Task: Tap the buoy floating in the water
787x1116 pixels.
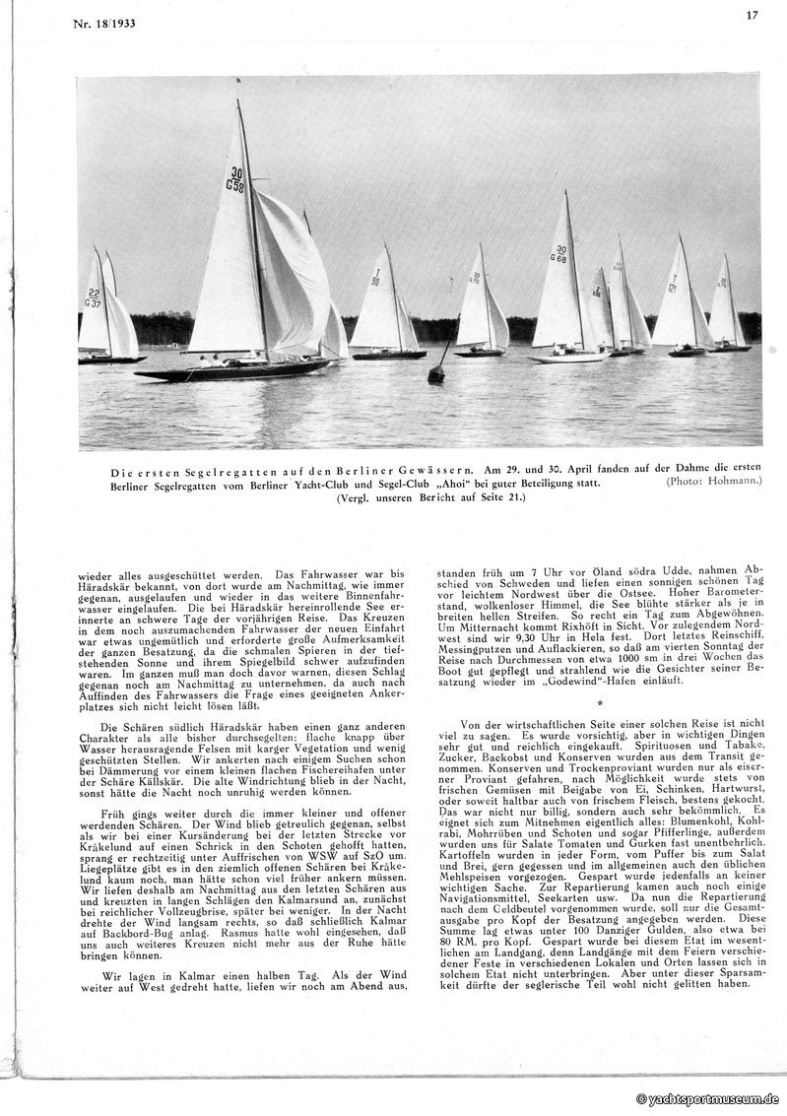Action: [x=436, y=372]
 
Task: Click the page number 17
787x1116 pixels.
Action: [x=751, y=15]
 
